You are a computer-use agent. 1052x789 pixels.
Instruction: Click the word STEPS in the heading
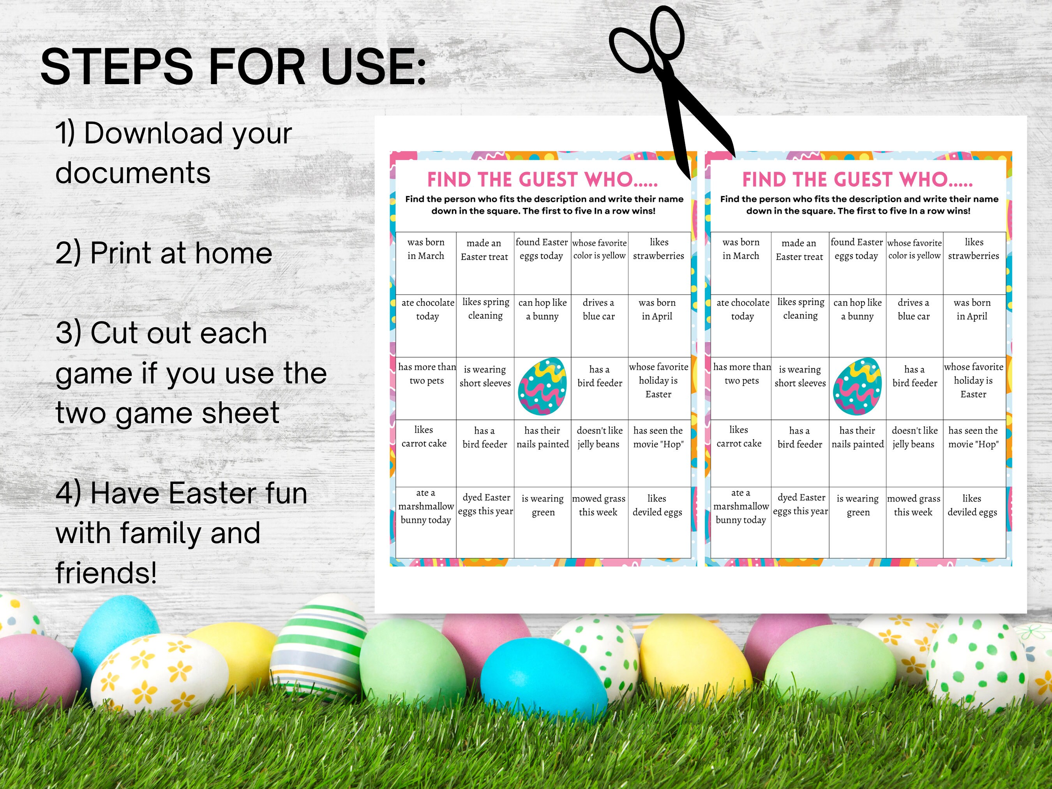point(116,67)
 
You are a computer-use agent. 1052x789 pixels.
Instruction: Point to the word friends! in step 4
point(106,573)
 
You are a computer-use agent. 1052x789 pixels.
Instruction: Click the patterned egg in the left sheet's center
point(542,387)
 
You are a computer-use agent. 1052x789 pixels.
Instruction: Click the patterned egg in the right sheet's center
point(857,387)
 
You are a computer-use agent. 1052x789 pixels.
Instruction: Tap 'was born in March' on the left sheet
point(425,249)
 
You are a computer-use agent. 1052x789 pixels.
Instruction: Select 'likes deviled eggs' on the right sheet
point(972,505)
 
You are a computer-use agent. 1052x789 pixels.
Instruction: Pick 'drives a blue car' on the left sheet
point(599,309)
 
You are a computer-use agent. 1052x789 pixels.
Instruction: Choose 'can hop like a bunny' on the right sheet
point(857,309)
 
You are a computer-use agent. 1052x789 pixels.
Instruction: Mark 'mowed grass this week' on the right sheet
point(914,505)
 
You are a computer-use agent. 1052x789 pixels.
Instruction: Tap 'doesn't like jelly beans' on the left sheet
point(599,437)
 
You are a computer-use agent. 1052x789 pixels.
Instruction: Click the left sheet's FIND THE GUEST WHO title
point(542,180)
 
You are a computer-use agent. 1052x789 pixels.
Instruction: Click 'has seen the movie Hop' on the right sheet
point(973,437)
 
